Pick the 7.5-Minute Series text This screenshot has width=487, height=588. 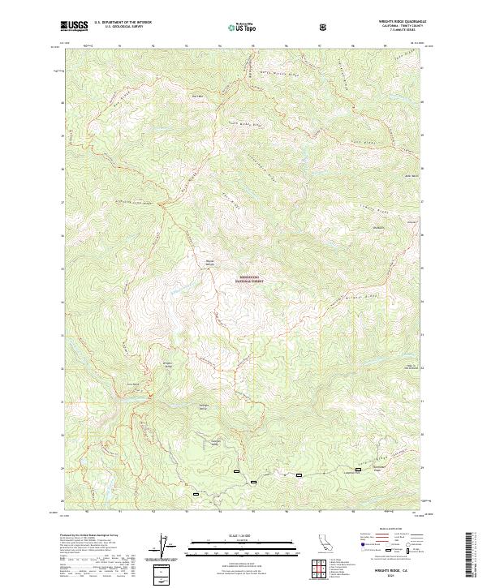pyautogui.click(x=390, y=31)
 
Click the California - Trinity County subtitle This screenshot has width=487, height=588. pyautogui.click(x=390, y=27)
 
